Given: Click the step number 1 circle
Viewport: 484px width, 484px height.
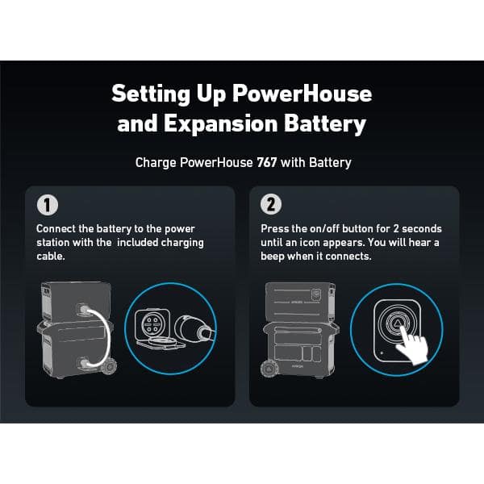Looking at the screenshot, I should tap(45, 205).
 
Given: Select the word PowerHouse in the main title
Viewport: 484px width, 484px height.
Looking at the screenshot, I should tap(302, 93).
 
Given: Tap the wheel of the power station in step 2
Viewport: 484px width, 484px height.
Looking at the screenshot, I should tap(268, 369).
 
